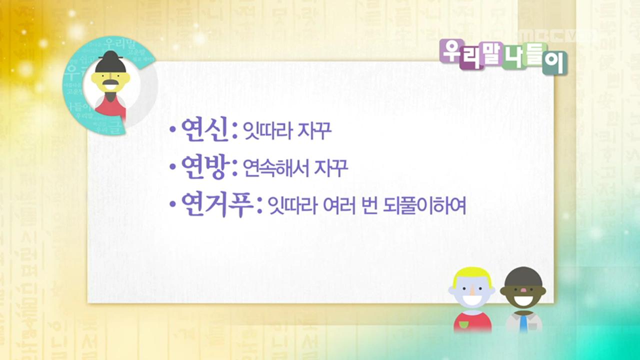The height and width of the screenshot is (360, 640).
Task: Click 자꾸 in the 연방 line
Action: [331, 168]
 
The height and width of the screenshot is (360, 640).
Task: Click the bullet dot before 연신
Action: [173, 131]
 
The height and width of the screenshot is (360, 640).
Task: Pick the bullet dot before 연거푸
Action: [173, 205]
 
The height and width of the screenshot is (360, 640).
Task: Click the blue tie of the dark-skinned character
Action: [523, 323]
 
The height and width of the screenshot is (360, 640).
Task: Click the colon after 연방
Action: [233, 169]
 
